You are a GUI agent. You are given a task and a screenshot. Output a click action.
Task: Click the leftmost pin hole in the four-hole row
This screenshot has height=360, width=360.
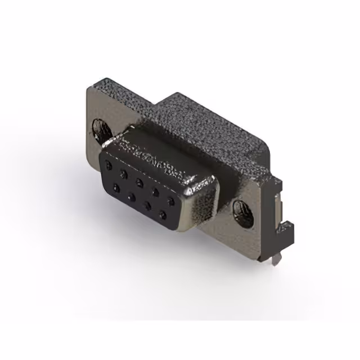point(116,186)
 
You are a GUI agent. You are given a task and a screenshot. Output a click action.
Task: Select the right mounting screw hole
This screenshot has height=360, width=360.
point(240,211)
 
